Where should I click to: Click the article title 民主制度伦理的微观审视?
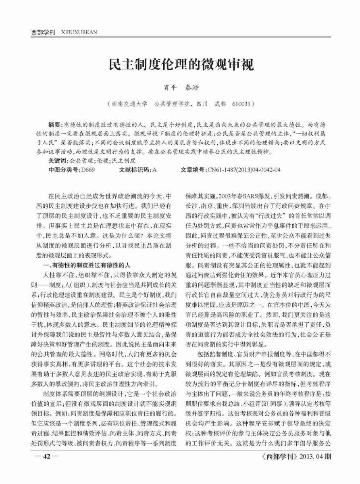(x=180, y=65)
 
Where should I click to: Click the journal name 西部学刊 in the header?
(x=43, y=32)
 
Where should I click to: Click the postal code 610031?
(x=242, y=104)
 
